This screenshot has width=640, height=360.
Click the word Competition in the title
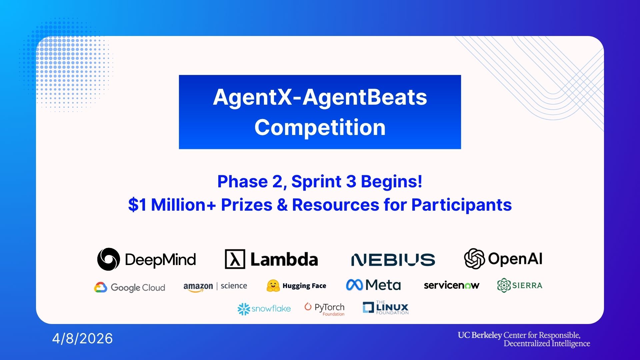[320, 127]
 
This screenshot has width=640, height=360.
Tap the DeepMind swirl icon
[109, 259]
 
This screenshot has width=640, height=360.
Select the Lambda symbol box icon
[235, 259]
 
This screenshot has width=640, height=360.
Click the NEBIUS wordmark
[393, 260]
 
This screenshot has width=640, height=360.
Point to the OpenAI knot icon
[474, 258]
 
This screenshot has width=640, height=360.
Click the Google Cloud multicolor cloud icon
[100, 287]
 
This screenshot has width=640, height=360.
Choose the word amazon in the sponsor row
[198, 287]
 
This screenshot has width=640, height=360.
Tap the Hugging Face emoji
[273, 286]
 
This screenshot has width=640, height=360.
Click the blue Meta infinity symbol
[354, 285]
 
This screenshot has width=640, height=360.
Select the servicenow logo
[452, 285]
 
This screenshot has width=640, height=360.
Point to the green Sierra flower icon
[504, 285]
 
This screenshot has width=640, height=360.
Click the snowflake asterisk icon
[244, 309]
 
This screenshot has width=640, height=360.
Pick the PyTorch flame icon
[308, 306]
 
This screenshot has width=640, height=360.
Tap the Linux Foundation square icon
[368, 307]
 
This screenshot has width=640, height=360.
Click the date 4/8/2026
[82, 339]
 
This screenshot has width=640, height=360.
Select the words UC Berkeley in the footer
[480, 335]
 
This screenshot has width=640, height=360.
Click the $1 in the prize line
[137, 205]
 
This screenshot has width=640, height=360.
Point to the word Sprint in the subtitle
[316, 182]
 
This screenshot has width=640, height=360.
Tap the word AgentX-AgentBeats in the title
[320, 97]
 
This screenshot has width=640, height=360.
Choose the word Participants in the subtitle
[461, 205]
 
